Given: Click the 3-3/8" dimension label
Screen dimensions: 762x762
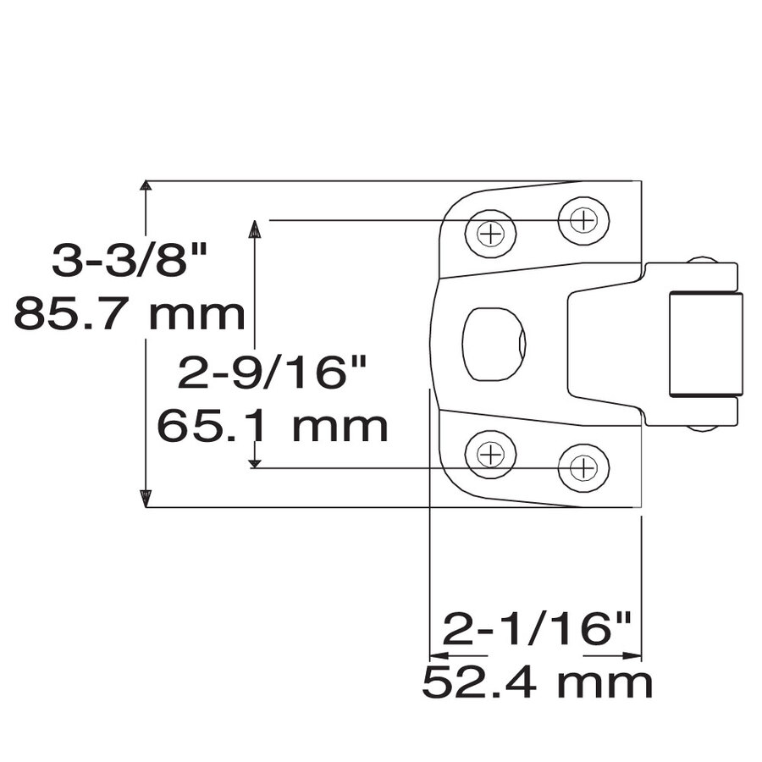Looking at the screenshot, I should (x=130, y=260).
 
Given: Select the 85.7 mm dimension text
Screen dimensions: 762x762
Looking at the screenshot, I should (x=130, y=314).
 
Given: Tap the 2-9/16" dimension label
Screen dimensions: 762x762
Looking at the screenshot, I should (x=273, y=372).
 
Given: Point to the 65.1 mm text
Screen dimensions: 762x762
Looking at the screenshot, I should (x=273, y=426).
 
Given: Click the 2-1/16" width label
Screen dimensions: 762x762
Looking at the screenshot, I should (x=538, y=629).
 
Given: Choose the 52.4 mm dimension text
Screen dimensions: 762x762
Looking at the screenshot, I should (x=538, y=682).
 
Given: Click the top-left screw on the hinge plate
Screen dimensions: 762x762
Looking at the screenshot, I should (x=490, y=233).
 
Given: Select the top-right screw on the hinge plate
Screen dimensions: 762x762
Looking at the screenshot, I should (x=583, y=220).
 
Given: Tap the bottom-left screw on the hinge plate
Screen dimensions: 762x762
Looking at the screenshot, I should (x=490, y=454).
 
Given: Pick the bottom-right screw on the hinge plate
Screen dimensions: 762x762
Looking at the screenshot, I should (x=583, y=467).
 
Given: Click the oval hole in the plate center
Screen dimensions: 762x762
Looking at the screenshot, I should (x=494, y=344).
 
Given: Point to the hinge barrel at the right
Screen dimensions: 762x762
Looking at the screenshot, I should (x=705, y=344).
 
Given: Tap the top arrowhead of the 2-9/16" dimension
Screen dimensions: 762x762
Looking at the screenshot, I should (x=253, y=228).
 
